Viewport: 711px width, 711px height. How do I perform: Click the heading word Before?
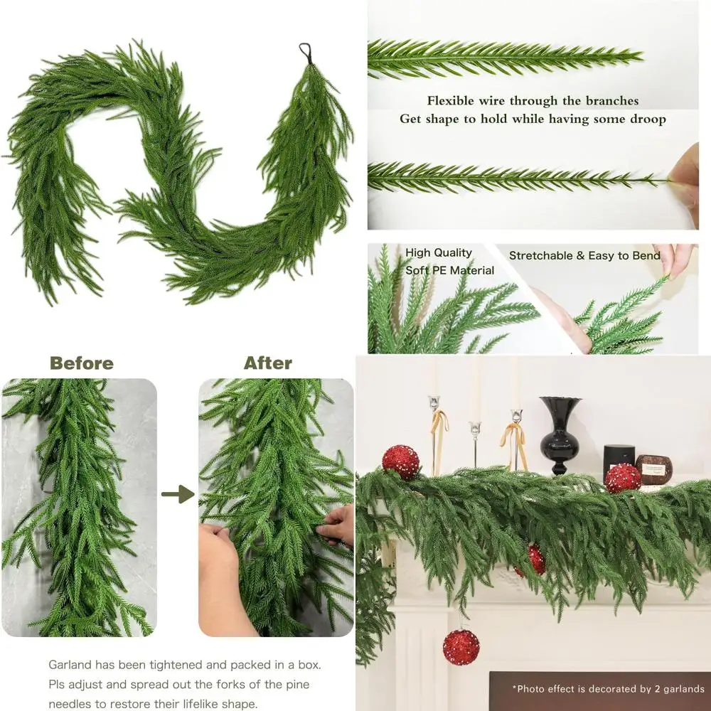pyautogui.click(x=81, y=363)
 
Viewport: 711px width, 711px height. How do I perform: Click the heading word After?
pyautogui.click(x=268, y=363)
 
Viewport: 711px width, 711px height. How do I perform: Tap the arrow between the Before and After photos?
pyautogui.click(x=178, y=494)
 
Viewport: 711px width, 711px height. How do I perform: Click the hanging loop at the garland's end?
pyautogui.click(x=306, y=51)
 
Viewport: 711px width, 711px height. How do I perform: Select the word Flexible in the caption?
pyautogui.click(x=451, y=101)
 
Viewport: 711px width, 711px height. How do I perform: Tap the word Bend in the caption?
pyautogui.click(x=646, y=255)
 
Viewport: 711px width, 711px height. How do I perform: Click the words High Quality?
pyautogui.click(x=439, y=252)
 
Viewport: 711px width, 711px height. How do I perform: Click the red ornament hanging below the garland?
pyautogui.click(x=461, y=647)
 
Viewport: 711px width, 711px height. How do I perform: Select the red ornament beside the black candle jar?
pyautogui.click(x=623, y=478)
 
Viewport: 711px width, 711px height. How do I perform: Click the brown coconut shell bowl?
pyautogui.click(x=654, y=466)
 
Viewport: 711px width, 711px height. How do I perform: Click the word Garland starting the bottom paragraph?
pyautogui.click(x=71, y=665)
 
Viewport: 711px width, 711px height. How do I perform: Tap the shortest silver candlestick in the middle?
pyautogui.click(x=474, y=444)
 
